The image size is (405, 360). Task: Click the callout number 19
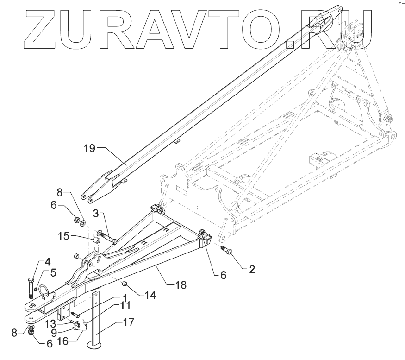coord(89,149)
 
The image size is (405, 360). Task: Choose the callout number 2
coord(252,269)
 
